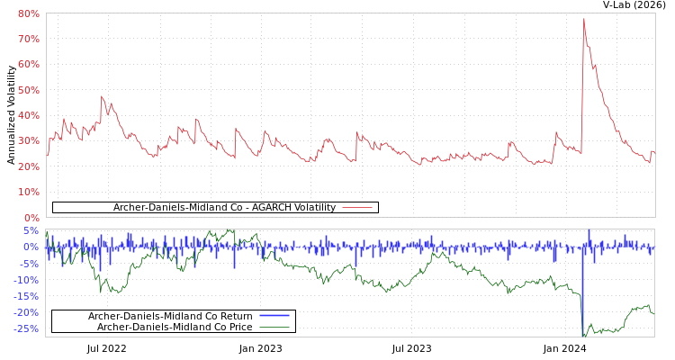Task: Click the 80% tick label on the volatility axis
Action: pyautogui.click(x=28, y=13)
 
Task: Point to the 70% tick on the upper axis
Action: pyautogui.click(x=28, y=39)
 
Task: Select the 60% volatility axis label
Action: pyautogui.click(x=28, y=65)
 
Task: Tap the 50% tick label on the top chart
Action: pyautogui.click(x=28, y=90)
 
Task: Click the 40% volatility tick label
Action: pyautogui.click(x=28, y=115)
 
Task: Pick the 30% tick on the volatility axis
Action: pyautogui.click(x=28, y=141)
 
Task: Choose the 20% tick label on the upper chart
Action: pyautogui.click(x=28, y=166)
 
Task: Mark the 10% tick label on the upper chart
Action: pyautogui.click(x=28, y=192)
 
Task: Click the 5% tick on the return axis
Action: pyautogui.click(x=31, y=230)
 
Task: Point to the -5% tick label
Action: pyautogui.click(x=29, y=264)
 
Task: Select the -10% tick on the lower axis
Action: pyautogui.click(x=26, y=280)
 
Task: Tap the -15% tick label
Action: pyautogui.click(x=26, y=296)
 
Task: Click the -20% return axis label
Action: pyautogui.click(x=26, y=312)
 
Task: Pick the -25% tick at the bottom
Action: pyautogui.click(x=26, y=328)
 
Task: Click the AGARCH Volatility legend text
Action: pyautogui.click(x=224, y=208)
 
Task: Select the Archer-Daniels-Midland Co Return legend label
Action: pyautogui.click(x=170, y=316)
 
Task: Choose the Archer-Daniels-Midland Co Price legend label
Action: pyautogui.click(x=175, y=327)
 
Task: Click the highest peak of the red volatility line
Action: pyautogui.click(x=583, y=19)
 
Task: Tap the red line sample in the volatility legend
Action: pyautogui.click(x=357, y=208)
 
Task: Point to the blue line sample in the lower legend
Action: pyautogui.click(x=274, y=316)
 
